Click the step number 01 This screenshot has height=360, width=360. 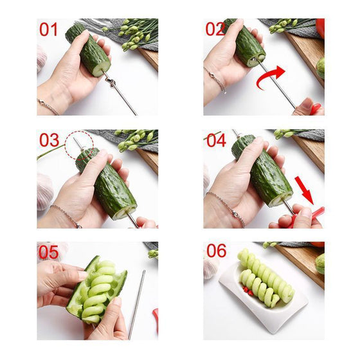pyautogui.click(x=49, y=30)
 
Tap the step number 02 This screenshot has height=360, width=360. pyautogui.click(x=215, y=30)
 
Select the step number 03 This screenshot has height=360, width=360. pyautogui.click(x=49, y=140)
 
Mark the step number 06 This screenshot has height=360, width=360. pyautogui.click(x=217, y=251)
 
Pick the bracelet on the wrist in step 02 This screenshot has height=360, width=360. pyautogui.click(x=216, y=80)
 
